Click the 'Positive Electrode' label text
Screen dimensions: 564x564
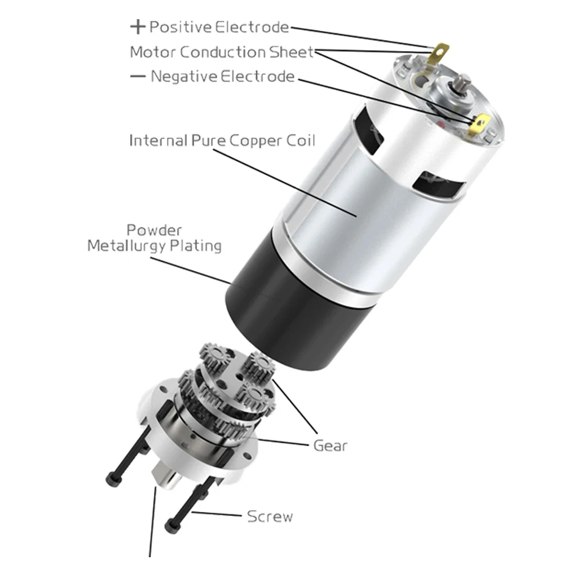[219, 27]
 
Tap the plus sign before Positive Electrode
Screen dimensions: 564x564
[138, 27]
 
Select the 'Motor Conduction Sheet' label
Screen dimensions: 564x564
[222, 52]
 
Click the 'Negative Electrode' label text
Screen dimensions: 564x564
[223, 76]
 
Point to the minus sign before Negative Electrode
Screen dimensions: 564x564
[138, 76]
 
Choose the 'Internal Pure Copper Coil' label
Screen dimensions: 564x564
[222, 140]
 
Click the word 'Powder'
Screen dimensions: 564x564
[155, 230]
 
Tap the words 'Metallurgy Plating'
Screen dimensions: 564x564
[155, 246]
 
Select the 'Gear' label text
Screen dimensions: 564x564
[330, 446]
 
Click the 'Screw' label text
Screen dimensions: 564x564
[270, 517]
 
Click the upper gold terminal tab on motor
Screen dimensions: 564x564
[440, 53]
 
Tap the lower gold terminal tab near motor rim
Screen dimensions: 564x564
[479, 124]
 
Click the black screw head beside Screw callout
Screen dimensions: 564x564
[172, 526]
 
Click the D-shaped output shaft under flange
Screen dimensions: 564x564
[166, 477]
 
